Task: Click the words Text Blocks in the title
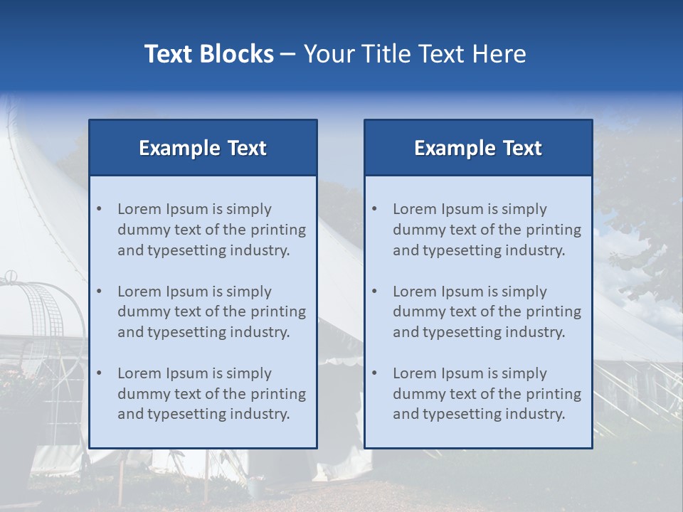[x=208, y=54]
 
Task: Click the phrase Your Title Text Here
[x=415, y=54]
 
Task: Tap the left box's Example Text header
[x=203, y=148]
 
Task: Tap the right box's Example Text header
[x=478, y=148]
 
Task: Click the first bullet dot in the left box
[x=100, y=209]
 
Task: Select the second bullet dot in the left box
[x=100, y=292]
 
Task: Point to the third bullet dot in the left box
[x=100, y=373]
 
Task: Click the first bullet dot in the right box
[x=375, y=209]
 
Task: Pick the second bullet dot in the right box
[x=375, y=292]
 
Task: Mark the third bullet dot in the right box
[x=375, y=373]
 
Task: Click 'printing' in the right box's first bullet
[x=555, y=230]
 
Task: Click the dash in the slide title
[x=288, y=54]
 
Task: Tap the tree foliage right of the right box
[x=640, y=213]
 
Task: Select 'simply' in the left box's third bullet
[x=248, y=373]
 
